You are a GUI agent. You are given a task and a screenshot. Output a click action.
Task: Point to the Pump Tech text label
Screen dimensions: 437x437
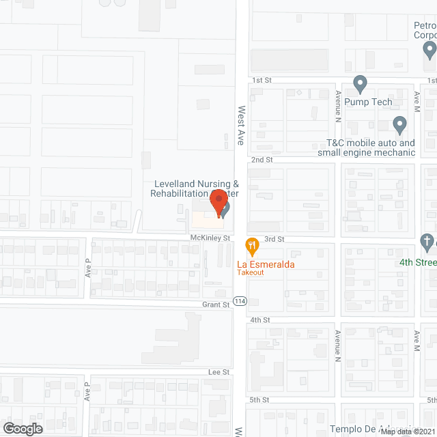[x=368, y=102]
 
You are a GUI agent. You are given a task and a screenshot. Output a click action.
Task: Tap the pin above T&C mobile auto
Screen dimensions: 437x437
[x=400, y=126]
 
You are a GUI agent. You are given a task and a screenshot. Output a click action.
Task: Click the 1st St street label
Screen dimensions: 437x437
[x=262, y=81]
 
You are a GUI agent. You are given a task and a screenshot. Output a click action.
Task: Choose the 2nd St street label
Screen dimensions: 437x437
[x=262, y=160]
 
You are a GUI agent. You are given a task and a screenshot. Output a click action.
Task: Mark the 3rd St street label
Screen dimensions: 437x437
[x=274, y=239]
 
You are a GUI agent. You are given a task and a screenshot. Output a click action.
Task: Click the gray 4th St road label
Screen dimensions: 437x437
[x=260, y=320]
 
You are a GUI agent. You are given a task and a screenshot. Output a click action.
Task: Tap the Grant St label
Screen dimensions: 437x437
[x=215, y=305]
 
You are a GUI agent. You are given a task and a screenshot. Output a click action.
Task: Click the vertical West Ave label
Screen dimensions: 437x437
[x=240, y=125]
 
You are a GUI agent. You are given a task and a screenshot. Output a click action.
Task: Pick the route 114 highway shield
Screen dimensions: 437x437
[x=240, y=300]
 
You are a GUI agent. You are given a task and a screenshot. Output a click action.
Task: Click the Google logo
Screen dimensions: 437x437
[x=23, y=428]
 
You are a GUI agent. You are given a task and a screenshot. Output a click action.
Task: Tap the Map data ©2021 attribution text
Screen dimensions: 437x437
[x=408, y=432]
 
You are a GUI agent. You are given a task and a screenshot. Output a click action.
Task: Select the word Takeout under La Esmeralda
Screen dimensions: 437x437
[x=251, y=272]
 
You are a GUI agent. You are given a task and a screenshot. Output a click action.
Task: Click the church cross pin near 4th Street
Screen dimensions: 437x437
[x=427, y=242]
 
